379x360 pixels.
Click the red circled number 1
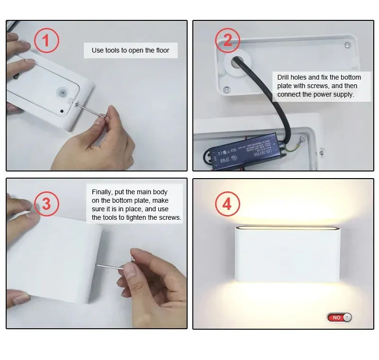point(45,40)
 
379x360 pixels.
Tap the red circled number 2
point(228,40)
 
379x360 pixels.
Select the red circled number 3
point(46,204)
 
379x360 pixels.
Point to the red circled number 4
point(228,204)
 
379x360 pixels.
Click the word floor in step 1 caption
point(162,50)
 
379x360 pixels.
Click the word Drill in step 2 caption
point(285,77)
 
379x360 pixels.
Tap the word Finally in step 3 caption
point(103,192)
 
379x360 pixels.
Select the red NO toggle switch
point(339,317)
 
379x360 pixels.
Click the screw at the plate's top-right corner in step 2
point(347,45)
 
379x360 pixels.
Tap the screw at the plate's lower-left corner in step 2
point(227,89)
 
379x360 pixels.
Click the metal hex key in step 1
point(90,109)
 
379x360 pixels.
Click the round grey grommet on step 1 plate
point(61,92)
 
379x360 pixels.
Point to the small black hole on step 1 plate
point(62,112)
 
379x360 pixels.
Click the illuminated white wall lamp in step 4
point(288,254)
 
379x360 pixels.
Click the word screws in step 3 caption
point(171,217)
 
